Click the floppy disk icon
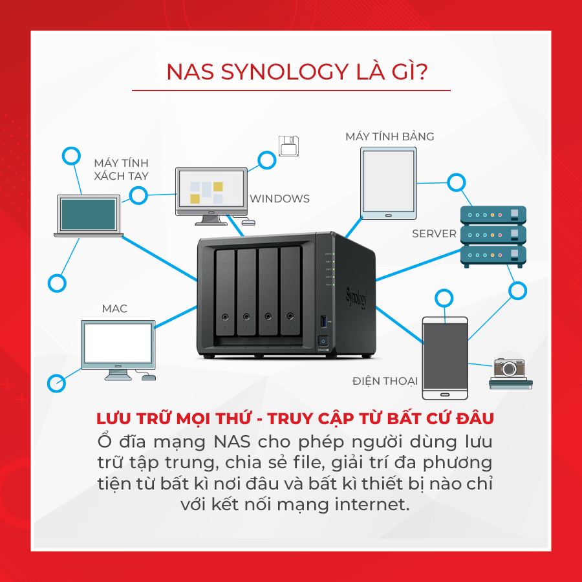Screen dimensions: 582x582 tap(288, 146)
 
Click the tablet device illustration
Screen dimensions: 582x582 tap(388, 182)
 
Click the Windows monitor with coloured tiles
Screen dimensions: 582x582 tap(211, 193)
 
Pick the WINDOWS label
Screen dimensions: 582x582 tap(279, 199)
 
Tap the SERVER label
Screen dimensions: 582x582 tap(434, 233)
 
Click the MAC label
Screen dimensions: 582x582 tap(114, 308)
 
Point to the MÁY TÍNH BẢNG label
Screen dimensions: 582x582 tap(389, 136)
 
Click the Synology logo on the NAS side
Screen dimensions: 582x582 tap(356, 297)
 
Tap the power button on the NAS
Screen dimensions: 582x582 tap(323, 341)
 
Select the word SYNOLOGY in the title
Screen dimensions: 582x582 tap(276, 72)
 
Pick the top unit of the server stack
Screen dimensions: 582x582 tap(493, 215)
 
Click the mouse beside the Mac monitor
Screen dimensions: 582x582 tap(148, 376)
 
